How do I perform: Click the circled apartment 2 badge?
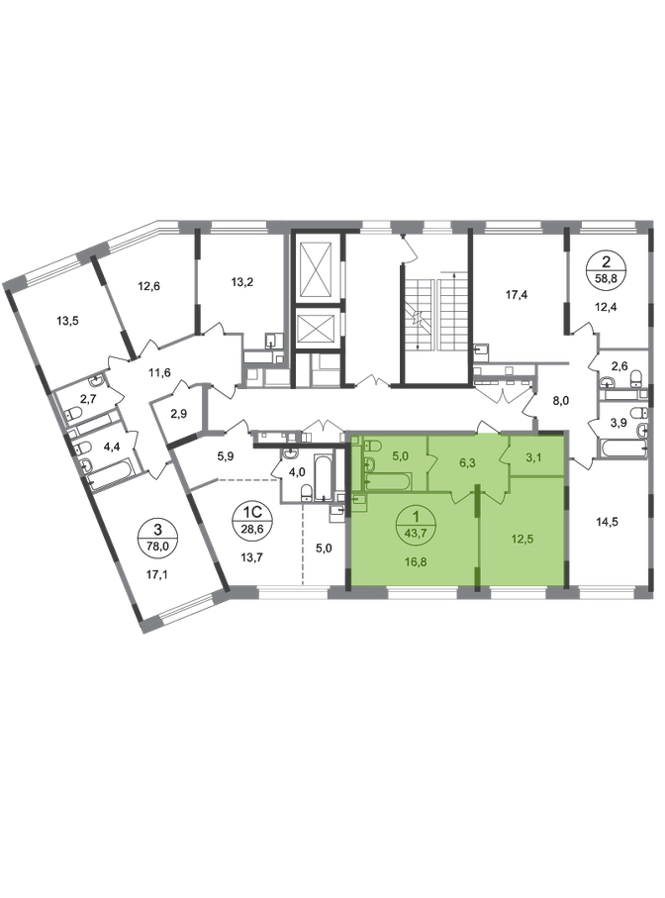606,268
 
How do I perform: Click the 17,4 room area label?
517,295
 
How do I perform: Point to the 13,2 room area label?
242,281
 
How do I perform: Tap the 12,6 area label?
148,284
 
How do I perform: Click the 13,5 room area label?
67,321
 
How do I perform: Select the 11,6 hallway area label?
159,373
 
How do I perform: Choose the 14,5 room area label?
607,522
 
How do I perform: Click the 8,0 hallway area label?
561,400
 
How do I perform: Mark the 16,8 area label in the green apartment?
416,561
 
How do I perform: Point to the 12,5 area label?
522,539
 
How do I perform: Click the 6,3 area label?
467,462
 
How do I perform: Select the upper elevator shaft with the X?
317,268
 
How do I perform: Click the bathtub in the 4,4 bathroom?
112,476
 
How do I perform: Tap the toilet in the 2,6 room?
635,378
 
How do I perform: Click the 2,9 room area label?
179,413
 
